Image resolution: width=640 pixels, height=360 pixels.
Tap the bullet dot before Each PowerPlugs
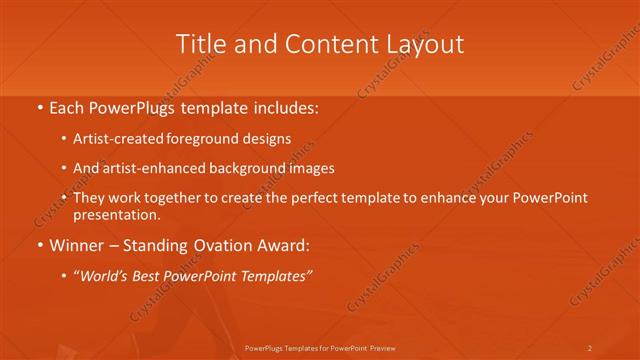pyautogui.click(x=39, y=105)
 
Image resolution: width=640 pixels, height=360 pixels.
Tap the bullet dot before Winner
pyautogui.click(x=39, y=245)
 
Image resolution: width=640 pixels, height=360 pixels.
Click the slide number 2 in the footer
pyautogui.click(x=589, y=347)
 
